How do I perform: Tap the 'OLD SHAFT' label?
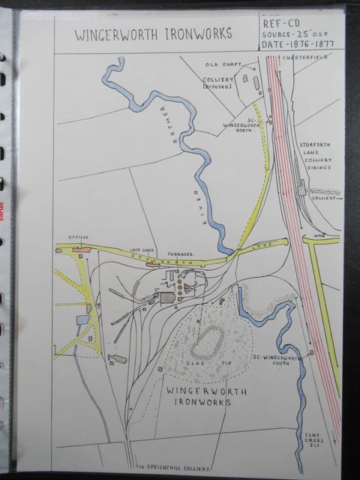pos(222,66)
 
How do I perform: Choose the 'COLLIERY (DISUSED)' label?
pos(221,82)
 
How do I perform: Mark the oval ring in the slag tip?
pos(208,342)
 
